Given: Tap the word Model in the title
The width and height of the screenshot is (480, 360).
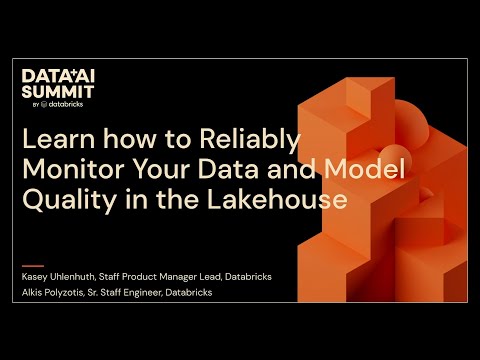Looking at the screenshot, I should click(371, 171).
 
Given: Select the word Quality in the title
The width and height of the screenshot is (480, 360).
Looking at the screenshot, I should click(66, 200).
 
